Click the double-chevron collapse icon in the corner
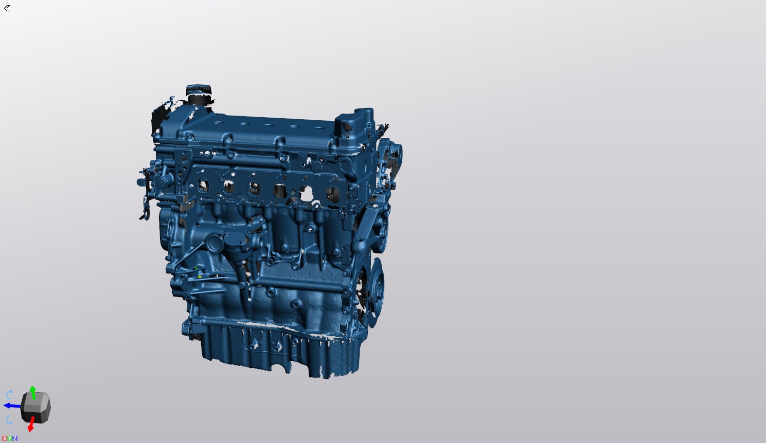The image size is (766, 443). click(7, 8)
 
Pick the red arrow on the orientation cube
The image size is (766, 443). click(31, 424)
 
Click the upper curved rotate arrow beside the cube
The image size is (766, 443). click(9, 395)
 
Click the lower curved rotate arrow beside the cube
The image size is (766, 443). click(9, 420)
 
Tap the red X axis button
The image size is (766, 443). click(4, 438)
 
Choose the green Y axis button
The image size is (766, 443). click(9, 438)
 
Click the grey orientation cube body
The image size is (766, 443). click(36, 407)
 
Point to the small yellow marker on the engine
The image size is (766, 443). click(200, 276)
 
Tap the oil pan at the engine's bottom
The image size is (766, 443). click(278, 349)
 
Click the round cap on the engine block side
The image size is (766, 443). click(214, 243)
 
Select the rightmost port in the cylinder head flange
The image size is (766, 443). click(332, 194)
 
